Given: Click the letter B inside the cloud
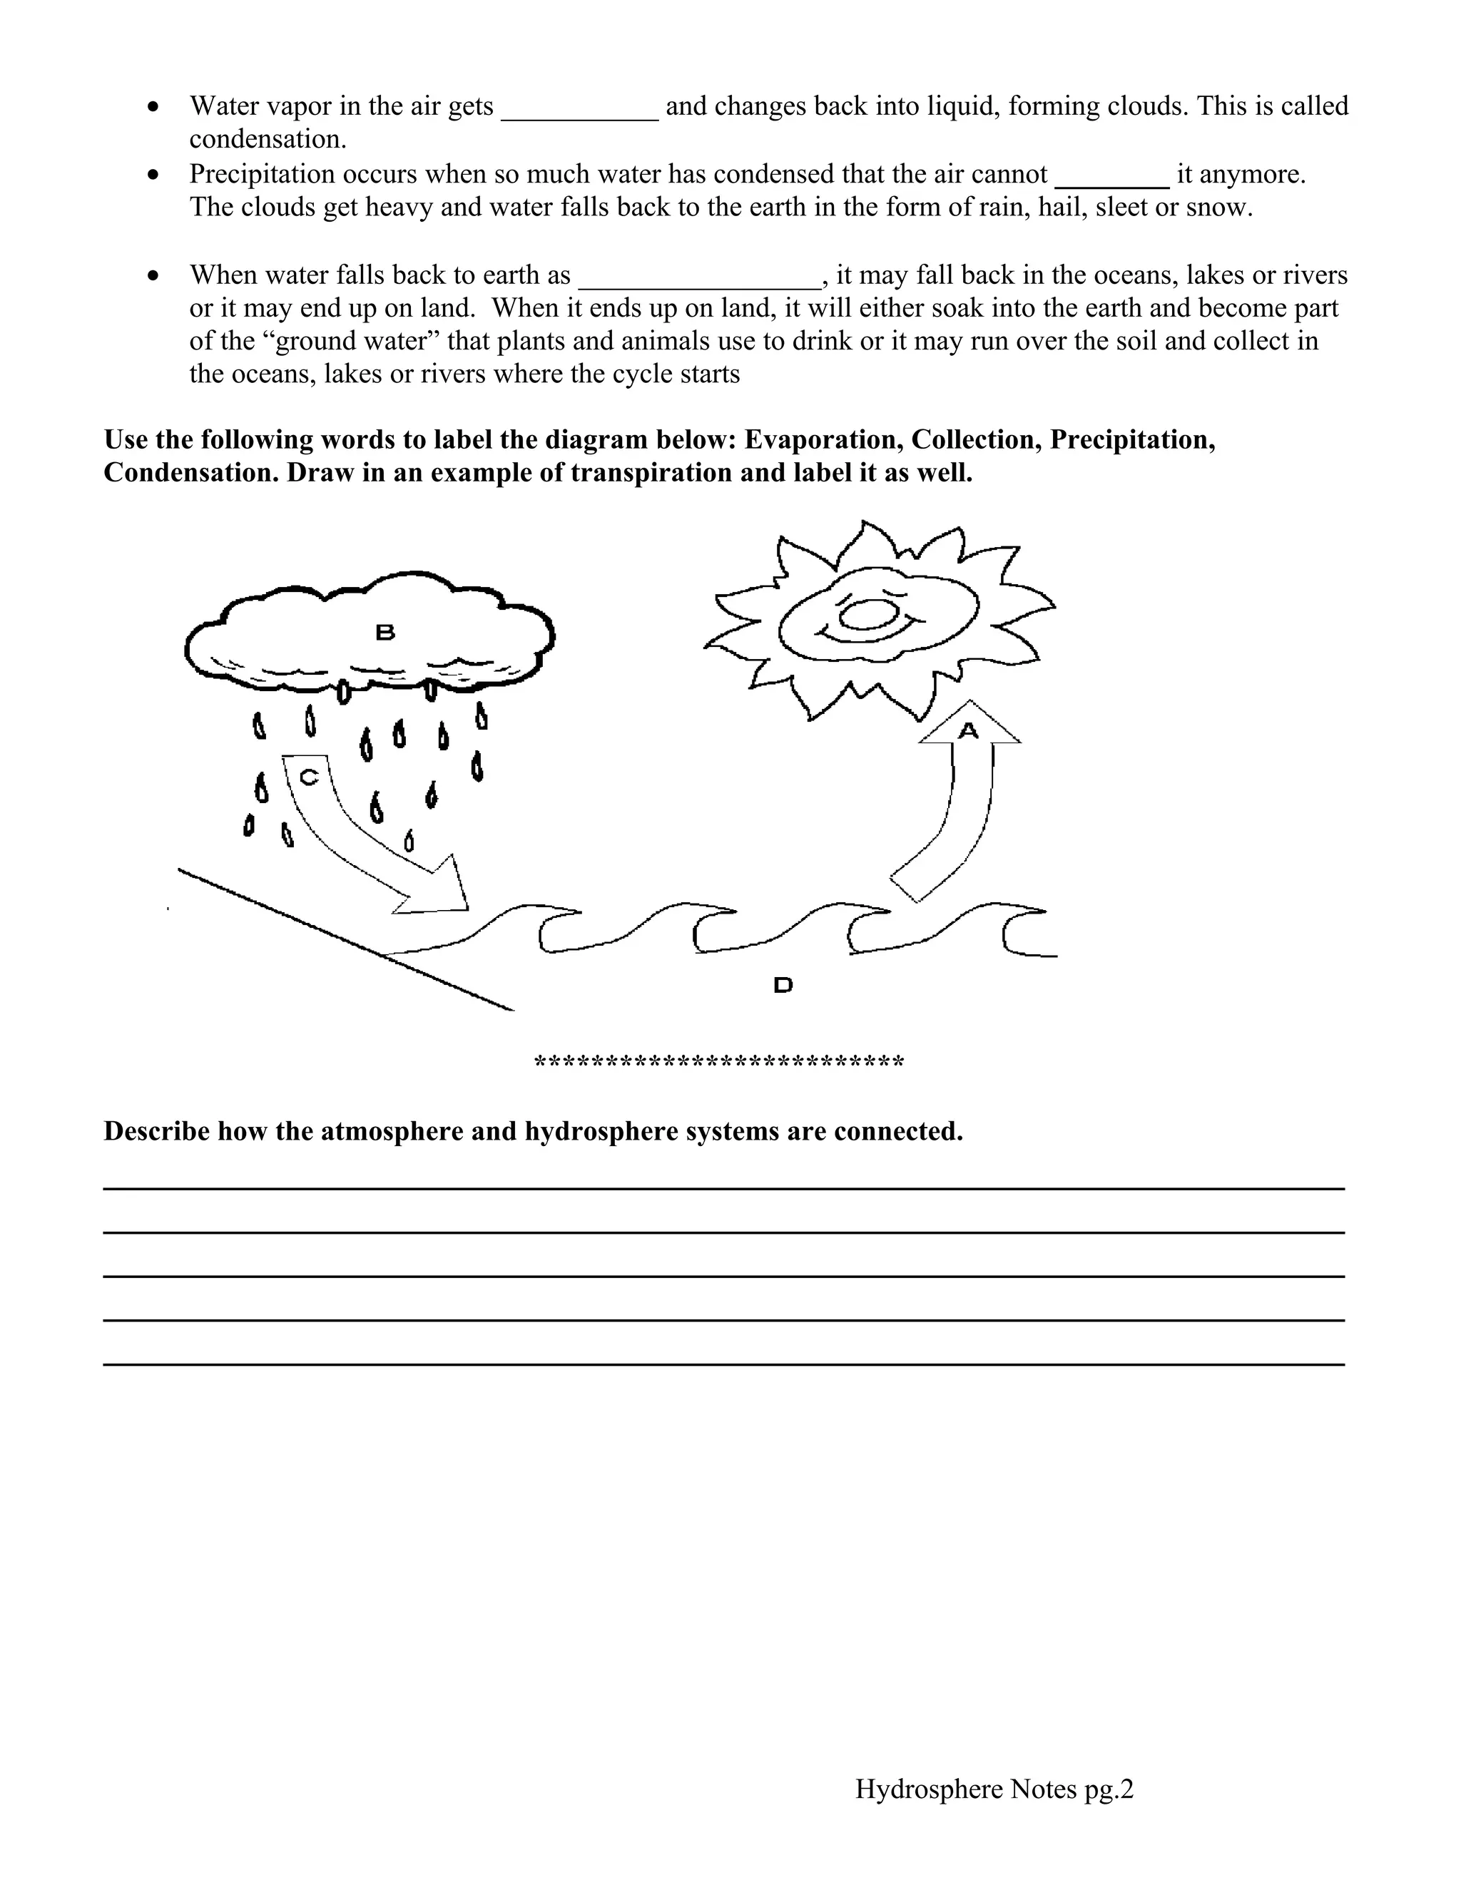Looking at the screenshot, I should pos(385,633).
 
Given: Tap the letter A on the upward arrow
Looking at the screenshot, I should pos(967,731).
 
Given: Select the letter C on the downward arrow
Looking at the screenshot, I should pos(309,777).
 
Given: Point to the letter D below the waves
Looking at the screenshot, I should pos(783,985).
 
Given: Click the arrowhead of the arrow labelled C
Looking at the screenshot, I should pos(438,891).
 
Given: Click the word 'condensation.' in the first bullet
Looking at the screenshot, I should pos(268,139).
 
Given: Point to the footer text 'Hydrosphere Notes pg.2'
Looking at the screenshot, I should pos(994,1789).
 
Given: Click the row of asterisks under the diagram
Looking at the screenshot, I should pos(719,1062).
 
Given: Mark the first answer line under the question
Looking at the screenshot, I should pos(723,1188).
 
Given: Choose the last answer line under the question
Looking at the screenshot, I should pos(723,1364).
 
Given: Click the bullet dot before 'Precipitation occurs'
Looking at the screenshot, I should pos(154,175).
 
